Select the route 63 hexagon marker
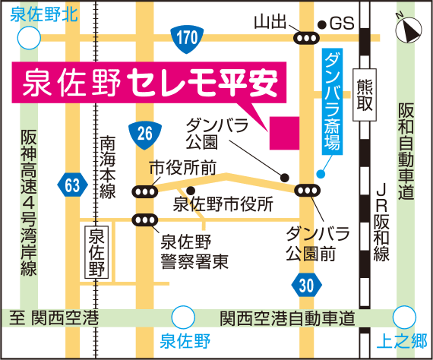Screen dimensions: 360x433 pos(72,183)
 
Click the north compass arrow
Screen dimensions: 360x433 pos(409,30)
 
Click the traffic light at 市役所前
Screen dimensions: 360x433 pos(144,192)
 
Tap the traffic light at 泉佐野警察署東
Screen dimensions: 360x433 pos(144,220)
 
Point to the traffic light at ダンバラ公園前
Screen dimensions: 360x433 pos(308,191)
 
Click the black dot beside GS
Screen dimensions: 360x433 pos(322,24)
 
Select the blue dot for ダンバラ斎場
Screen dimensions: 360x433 pos(322,174)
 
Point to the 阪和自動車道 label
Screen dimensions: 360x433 pos(406,151)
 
